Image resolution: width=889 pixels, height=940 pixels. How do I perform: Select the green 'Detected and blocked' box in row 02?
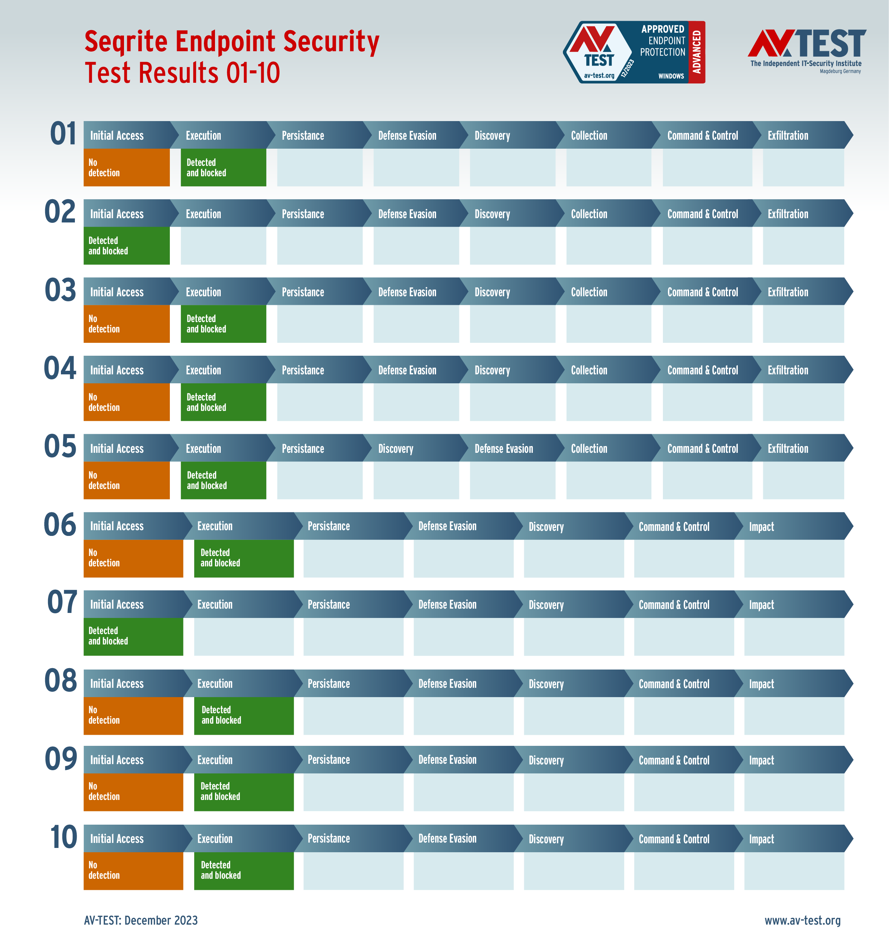pos(126,245)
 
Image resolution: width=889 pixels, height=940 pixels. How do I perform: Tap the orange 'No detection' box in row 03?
pos(126,323)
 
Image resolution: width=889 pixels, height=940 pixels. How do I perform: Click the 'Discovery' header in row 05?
pos(396,448)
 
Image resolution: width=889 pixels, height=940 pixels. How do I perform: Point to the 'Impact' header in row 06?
pos(761,526)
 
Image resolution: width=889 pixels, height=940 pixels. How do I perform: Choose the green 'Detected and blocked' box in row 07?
pos(133,636)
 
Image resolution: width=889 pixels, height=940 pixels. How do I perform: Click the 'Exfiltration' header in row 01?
pos(788,135)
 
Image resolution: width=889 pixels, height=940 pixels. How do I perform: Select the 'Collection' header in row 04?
pos(589,370)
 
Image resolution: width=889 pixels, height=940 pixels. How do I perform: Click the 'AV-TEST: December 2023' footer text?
pos(141,920)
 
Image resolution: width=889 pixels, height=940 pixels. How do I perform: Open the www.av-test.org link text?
pos(802,920)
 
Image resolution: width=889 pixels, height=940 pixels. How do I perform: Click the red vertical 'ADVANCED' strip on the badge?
pos(696,52)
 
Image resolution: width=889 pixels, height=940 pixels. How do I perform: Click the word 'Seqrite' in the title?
pos(125,41)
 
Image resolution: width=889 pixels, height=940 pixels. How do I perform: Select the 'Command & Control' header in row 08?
pos(674,684)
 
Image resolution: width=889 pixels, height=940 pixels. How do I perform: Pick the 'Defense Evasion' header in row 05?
pos(504,448)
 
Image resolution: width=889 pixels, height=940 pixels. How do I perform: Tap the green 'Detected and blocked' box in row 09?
pos(244,791)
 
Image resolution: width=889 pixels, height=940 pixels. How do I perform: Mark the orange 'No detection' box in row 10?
pos(133,871)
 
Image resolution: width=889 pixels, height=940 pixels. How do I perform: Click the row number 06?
pos(60,524)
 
